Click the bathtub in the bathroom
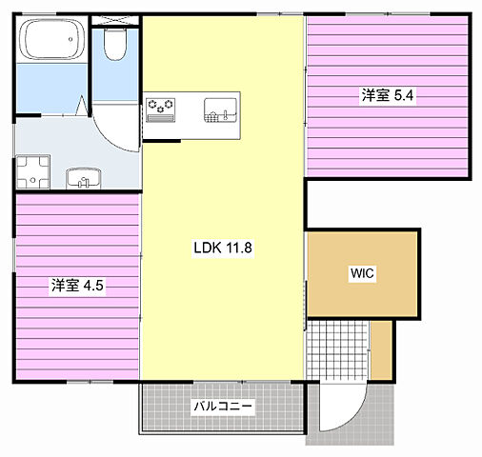pos(51,39)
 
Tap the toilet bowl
pos(115,44)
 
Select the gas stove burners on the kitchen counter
pos(161,109)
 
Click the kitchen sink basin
pos(220,110)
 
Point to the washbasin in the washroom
pos(84,178)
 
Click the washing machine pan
pos(33,172)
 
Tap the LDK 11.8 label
pos(223,248)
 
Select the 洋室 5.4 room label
pos(388,95)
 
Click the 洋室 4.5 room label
pos(77,286)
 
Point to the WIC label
pos(362,273)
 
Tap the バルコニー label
pos(223,406)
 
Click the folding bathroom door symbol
pos(82,106)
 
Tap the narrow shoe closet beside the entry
pos(381,349)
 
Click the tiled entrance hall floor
pos(337,349)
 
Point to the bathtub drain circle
pos(70,39)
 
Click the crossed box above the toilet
pos(115,20)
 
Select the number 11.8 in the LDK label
pos(239,248)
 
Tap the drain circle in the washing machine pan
pos(32,180)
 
